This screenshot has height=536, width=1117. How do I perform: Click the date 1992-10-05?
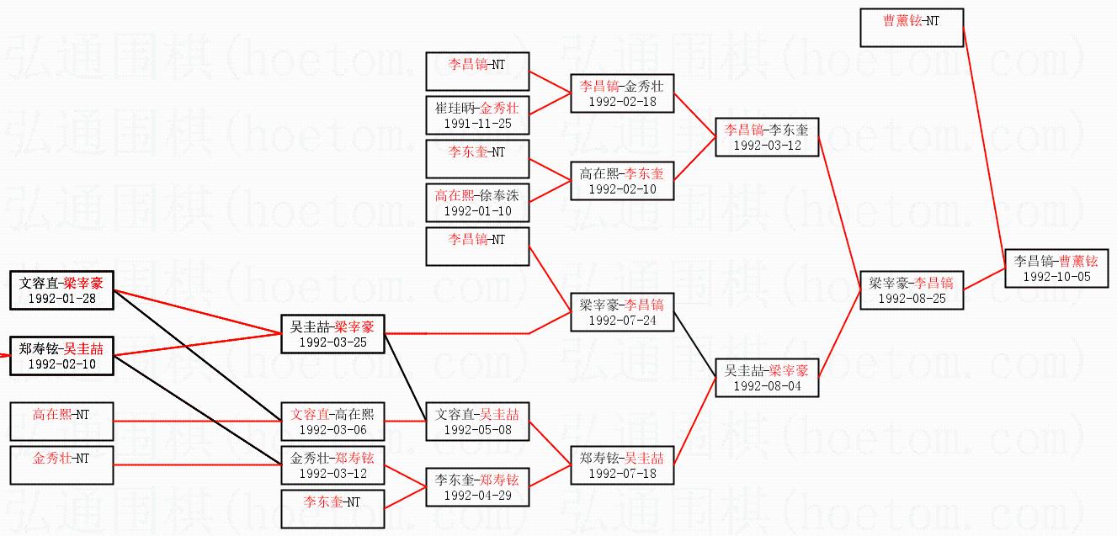(x=1056, y=276)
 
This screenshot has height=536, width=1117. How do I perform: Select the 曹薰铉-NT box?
(x=912, y=28)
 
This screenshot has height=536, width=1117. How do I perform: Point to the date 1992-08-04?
(x=767, y=386)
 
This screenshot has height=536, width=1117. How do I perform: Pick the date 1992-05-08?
(x=477, y=429)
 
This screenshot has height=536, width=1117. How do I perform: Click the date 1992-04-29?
(x=477, y=496)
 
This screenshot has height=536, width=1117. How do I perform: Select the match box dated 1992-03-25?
(x=332, y=334)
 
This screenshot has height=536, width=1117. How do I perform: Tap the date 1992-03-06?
(x=332, y=429)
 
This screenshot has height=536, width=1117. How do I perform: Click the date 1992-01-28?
(x=62, y=298)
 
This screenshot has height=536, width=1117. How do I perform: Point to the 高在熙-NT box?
(x=61, y=422)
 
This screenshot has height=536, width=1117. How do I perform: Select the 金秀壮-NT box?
(x=61, y=466)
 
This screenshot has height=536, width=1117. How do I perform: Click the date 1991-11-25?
(x=477, y=124)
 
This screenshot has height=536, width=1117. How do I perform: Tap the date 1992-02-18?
(x=622, y=101)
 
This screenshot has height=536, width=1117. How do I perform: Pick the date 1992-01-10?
(x=477, y=210)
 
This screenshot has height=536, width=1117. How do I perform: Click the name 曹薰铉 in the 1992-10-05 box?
(x=1078, y=261)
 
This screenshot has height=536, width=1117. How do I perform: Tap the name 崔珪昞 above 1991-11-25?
(x=455, y=109)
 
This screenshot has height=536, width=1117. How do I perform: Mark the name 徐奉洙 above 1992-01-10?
(x=501, y=195)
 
